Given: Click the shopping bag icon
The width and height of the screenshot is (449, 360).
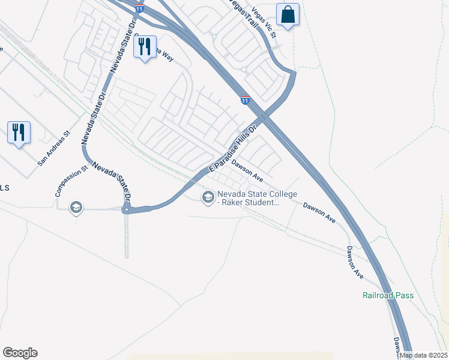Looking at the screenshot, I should point(288,15).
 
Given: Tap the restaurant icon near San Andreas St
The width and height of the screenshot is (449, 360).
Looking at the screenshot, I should point(19,132).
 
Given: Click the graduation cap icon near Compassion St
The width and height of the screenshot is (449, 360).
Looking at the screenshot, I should point(76,208).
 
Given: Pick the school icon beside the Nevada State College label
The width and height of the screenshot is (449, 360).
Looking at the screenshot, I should point(208,197).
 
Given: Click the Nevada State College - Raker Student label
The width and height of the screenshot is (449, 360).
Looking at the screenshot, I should point(249,198).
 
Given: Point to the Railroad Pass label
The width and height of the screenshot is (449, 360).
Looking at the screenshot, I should point(388,295).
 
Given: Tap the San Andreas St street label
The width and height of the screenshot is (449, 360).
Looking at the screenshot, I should point(54,149).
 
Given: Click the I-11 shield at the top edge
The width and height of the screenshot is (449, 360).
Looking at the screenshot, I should point(139,8).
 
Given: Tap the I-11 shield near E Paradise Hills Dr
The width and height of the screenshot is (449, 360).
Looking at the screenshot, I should point(245,100).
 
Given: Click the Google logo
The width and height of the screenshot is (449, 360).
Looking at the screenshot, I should point(20,353).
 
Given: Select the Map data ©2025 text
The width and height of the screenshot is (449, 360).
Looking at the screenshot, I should point(423,355).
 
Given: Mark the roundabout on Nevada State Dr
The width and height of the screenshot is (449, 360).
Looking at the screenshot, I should point(126,210).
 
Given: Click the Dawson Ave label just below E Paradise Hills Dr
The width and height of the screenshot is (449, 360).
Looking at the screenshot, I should point(248,170).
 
